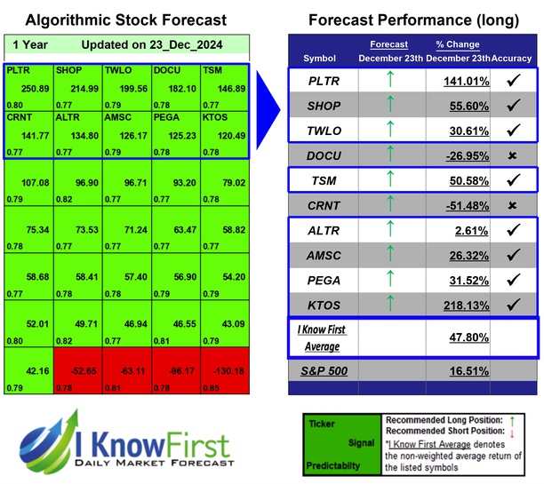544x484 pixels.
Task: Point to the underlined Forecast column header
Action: tap(388, 44)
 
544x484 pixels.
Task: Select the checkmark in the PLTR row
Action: tap(512, 81)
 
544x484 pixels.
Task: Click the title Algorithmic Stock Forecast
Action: tap(125, 20)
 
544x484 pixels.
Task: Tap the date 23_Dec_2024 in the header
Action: tap(192, 45)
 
